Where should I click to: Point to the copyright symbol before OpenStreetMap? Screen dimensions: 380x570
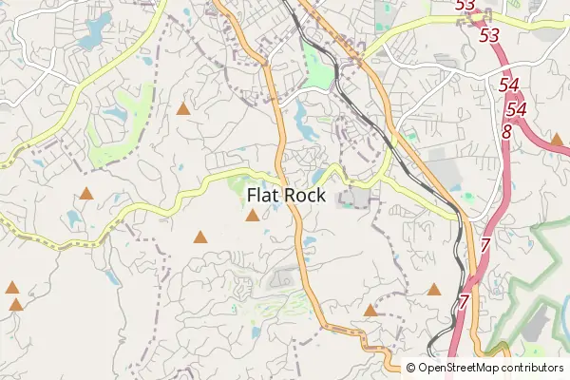(411, 368)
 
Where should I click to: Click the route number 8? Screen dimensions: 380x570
(505, 132)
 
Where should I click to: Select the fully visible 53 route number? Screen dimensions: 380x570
(490, 35)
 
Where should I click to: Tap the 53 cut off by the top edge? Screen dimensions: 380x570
(465, 6)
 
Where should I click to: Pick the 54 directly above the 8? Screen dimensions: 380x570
(516, 109)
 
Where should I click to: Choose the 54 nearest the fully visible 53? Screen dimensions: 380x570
(508, 85)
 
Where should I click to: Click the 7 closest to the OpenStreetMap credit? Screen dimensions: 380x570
(464, 303)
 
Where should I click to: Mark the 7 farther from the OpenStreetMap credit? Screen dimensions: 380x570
(484, 246)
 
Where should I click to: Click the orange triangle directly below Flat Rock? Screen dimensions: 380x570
(252, 216)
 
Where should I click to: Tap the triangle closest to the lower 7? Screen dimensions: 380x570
(434, 289)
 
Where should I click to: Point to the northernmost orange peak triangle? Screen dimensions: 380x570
(182, 109)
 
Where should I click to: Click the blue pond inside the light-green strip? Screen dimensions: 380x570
(116, 115)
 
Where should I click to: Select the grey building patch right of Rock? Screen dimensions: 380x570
(357, 197)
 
